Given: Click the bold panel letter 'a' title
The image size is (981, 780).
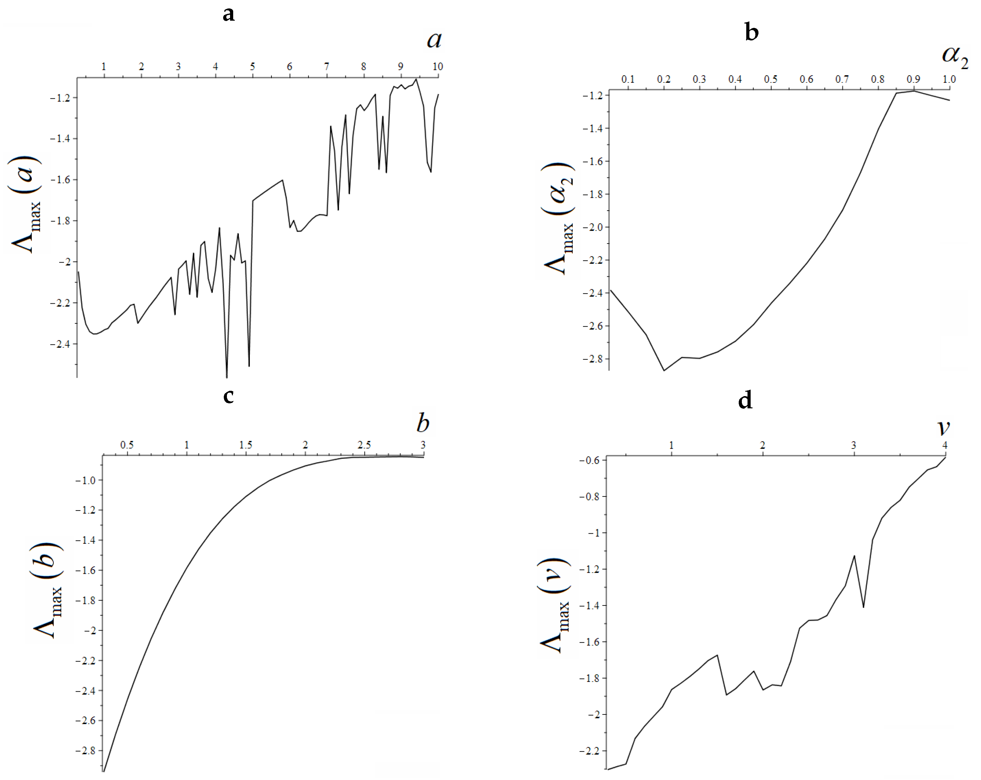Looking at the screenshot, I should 228,14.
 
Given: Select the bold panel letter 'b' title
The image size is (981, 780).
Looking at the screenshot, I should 752,33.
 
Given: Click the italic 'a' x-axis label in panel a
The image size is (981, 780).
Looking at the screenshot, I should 434,40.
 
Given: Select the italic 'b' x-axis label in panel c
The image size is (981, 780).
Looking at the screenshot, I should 423,423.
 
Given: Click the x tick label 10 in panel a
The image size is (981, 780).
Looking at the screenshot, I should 437,67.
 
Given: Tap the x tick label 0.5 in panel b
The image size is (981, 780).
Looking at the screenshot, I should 771,79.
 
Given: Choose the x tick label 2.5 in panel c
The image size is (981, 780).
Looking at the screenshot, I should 364,445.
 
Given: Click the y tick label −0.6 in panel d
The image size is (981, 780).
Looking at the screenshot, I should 589,460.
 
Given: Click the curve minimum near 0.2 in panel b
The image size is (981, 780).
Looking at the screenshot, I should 664,370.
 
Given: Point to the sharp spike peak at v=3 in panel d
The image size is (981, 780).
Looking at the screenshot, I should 854,556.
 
